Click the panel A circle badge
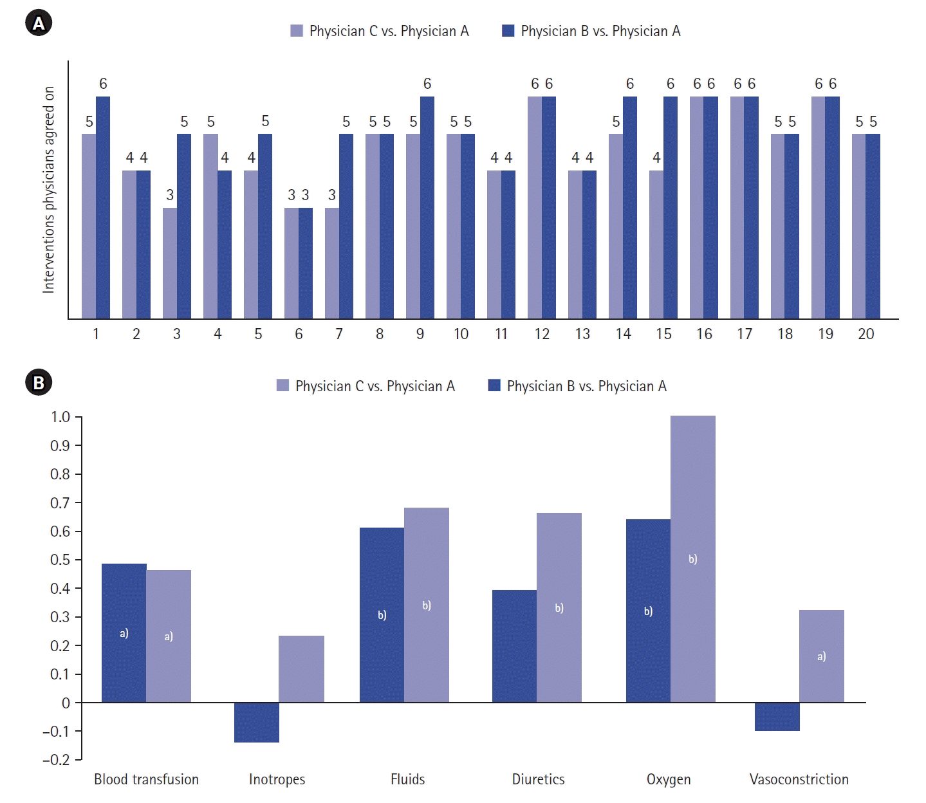[x=39, y=24]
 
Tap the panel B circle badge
[x=39, y=383]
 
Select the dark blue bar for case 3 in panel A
[x=184, y=226]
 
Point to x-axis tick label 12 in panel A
[x=542, y=334]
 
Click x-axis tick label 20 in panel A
[x=866, y=334]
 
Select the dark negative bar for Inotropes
[x=257, y=723]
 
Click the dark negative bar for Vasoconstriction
[x=777, y=717]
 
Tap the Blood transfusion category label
[x=147, y=780]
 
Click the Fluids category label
[x=408, y=780]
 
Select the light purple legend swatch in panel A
[x=297, y=31]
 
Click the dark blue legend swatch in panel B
[x=494, y=385]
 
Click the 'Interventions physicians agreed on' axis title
[x=49, y=190]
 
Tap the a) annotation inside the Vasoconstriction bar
[x=822, y=656]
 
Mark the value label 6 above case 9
[x=427, y=84]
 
